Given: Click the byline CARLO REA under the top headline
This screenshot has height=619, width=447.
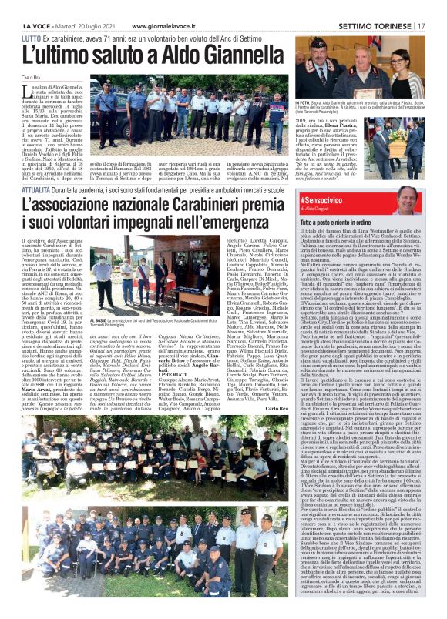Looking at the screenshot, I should pyautogui.click(x=31, y=78).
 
